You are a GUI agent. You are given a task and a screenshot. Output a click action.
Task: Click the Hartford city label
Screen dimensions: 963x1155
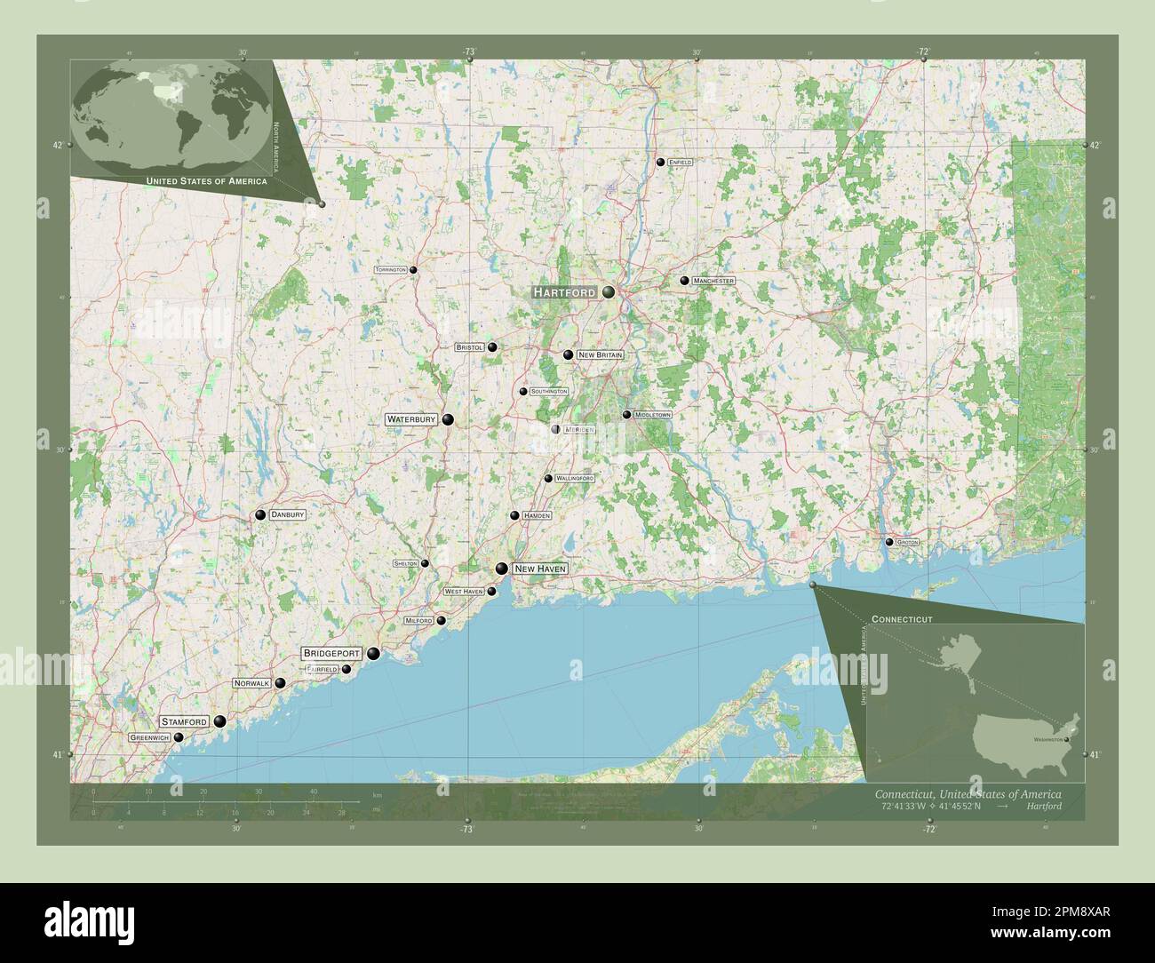pyautogui.click(x=564, y=292)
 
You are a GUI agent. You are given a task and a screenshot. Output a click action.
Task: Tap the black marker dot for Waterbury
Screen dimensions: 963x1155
pyautogui.click(x=448, y=419)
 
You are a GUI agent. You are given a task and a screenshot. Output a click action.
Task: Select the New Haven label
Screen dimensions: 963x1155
pyautogui.click(x=539, y=569)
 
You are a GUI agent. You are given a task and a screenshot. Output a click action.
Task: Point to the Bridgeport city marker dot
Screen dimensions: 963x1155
pyautogui.click(x=374, y=655)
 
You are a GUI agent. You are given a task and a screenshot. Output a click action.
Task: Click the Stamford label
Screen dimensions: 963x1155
pyautogui.click(x=185, y=721)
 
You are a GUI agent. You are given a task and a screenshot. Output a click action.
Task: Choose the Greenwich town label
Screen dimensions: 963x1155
pyautogui.click(x=148, y=738)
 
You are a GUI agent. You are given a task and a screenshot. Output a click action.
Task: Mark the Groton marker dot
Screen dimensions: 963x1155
pyautogui.click(x=888, y=542)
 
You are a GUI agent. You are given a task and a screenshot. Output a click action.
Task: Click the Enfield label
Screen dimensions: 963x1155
pyautogui.click(x=681, y=163)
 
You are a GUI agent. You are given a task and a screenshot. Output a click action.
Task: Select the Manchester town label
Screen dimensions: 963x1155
pyautogui.click(x=714, y=281)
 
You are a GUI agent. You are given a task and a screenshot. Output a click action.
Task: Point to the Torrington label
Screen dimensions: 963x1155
pyautogui.click(x=390, y=269)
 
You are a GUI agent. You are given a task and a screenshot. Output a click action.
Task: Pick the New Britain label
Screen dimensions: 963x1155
pyautogui.click(x=600, y=354)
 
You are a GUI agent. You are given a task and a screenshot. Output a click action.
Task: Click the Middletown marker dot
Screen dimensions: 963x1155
pyautogui.click(x=626, y=415)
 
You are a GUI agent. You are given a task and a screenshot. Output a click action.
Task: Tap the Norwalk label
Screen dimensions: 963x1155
pyautogui.click(x=251, y=684)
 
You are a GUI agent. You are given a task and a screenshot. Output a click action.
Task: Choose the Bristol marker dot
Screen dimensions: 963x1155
pyautogui.click(x=491, y=348)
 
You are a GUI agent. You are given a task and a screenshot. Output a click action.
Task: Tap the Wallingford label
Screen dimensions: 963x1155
pyautogui.click(x=574, y=479)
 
